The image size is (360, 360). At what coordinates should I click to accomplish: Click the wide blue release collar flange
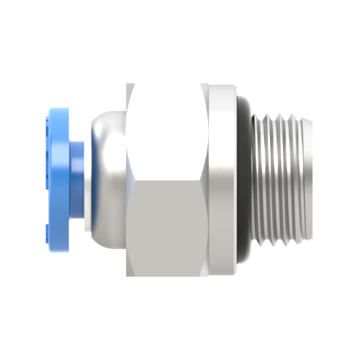[x=58, y=173]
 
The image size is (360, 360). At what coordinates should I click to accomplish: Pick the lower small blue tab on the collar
[x=48, y=230]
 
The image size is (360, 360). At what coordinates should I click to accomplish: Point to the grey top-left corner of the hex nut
[x=130, y=86]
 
